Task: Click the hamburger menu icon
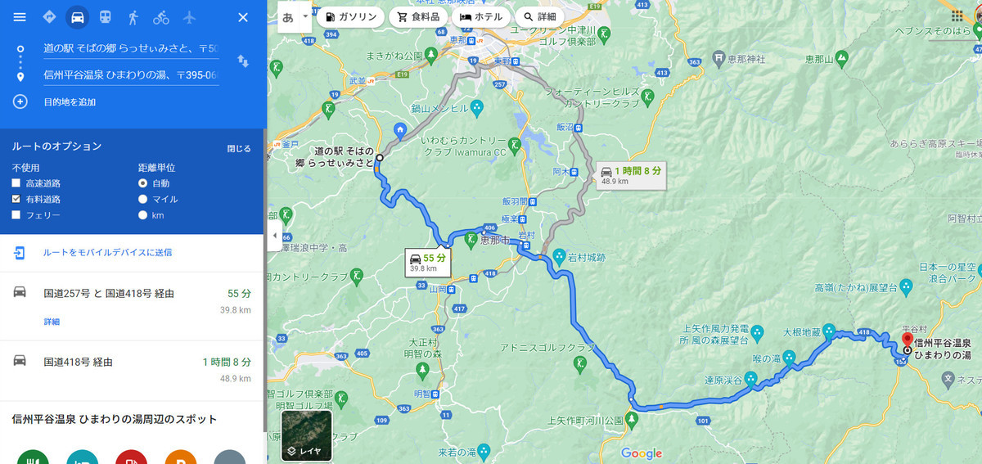20,17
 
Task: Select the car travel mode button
77,17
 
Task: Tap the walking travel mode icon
133,17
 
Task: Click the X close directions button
243,17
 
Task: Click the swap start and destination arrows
243,61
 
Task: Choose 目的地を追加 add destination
70,101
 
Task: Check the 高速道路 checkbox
16,183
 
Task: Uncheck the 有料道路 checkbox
16,199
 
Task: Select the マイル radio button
143,199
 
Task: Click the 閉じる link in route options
239,148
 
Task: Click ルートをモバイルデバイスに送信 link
107,252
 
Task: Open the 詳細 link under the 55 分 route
52,322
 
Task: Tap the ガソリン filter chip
350,16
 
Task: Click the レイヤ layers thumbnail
306,435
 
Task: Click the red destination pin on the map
907,340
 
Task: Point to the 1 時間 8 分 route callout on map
630,173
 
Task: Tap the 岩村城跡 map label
589,256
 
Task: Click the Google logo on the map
641,453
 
